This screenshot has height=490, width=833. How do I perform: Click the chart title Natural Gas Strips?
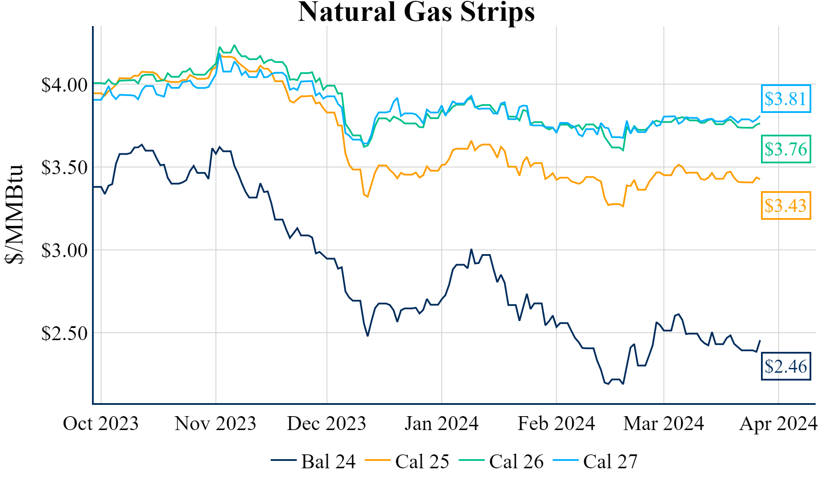tap(416, 12)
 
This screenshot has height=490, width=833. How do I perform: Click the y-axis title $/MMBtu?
tap(15, 214)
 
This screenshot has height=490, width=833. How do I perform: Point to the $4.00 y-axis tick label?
tap(64, 85)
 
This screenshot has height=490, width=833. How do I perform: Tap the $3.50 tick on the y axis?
tap(64, 168)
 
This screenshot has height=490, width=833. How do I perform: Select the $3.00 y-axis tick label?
tap(64, 251)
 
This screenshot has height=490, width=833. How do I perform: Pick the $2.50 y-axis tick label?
tap(64, 334)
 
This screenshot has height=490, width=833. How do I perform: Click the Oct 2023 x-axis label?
tap(101, 424)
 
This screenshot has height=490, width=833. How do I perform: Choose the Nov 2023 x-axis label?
tap(215, 424)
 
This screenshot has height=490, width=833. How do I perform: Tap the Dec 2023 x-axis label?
tap(326, 424)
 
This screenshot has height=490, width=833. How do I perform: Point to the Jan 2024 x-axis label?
tap(441, 424)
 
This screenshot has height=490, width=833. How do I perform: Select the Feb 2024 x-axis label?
tap(556, 424)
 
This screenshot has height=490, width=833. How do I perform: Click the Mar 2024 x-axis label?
tap(663, 424)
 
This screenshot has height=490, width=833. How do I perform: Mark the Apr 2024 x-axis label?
tap(778, 424)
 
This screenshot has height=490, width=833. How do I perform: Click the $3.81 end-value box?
tap(786, 99)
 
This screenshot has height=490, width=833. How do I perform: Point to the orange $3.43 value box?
tap(786, 205)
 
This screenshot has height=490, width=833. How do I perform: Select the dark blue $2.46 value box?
tap(786, 366)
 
